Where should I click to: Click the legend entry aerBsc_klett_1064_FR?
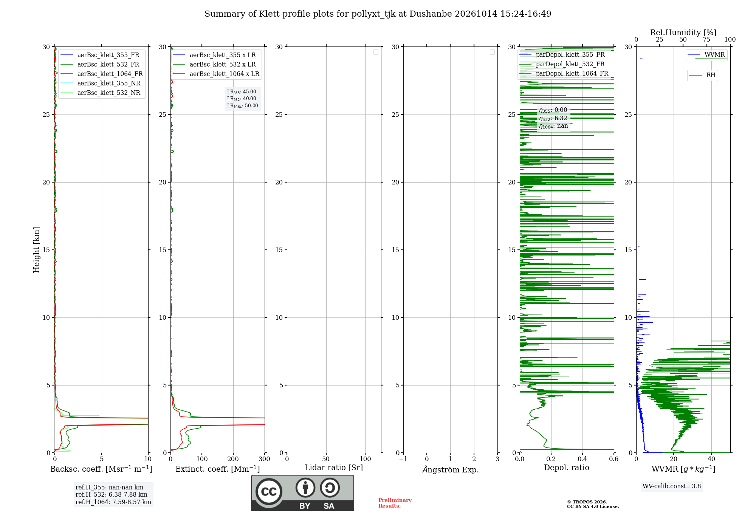[101, 74]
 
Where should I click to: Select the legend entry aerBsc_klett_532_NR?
[100, 93]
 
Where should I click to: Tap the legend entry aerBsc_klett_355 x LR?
[214, 55]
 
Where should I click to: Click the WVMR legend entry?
[706, 54]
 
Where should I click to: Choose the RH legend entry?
[702, 75]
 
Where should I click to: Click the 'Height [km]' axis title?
[36, 250]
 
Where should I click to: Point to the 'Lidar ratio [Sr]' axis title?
[334, 468]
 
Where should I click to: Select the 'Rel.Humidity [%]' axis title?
[683, 33]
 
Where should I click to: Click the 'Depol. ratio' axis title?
[567, 468]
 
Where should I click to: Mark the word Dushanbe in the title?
[431, 14]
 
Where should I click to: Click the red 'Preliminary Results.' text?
[395, 503]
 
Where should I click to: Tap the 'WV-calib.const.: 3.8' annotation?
[672, 486]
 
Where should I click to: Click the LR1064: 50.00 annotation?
[243, 106]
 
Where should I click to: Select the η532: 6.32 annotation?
[553, 118]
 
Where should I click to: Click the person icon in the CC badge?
[305, 488]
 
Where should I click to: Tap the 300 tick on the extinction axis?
[265, 459]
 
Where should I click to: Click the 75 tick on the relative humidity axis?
[706, 39]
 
